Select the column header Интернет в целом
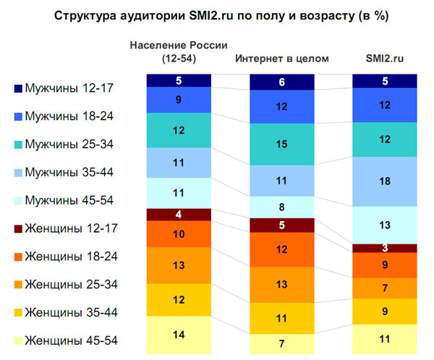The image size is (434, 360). point(281,59)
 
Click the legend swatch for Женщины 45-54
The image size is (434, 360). point(18,340)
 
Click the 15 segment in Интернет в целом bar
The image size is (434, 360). point(281,145)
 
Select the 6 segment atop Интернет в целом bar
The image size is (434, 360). point(281,82)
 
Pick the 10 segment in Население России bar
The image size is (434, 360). point(178,233)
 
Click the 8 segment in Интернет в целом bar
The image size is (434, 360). point(281,207)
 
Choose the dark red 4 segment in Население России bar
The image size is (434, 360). point(178,214)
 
